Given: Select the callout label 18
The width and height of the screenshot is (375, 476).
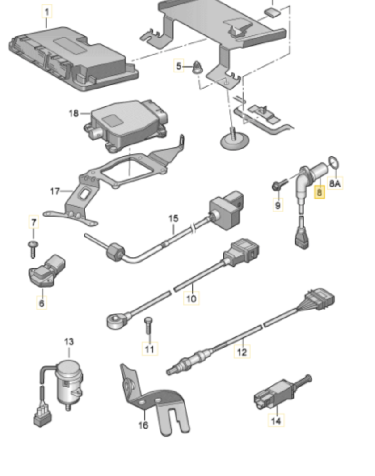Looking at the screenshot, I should (73, 114).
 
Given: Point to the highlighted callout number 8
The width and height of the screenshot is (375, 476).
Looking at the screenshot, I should (320, 191).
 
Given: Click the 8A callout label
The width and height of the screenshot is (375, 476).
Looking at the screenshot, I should (335, 184).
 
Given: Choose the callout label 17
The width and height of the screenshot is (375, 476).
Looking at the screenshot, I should (55, 191).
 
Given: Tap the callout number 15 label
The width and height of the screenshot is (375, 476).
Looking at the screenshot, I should (172, 218).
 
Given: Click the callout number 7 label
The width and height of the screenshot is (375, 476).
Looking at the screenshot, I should (34, 222).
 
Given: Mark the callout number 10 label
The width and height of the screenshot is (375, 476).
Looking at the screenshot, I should (191, 298).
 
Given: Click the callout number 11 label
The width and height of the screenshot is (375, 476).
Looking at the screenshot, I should (150, 349).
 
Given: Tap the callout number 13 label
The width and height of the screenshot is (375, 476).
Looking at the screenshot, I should (69, 342).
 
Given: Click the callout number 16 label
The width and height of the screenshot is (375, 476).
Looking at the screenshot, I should (143, 425).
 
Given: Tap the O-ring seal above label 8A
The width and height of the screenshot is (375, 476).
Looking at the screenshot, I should (334, 162).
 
